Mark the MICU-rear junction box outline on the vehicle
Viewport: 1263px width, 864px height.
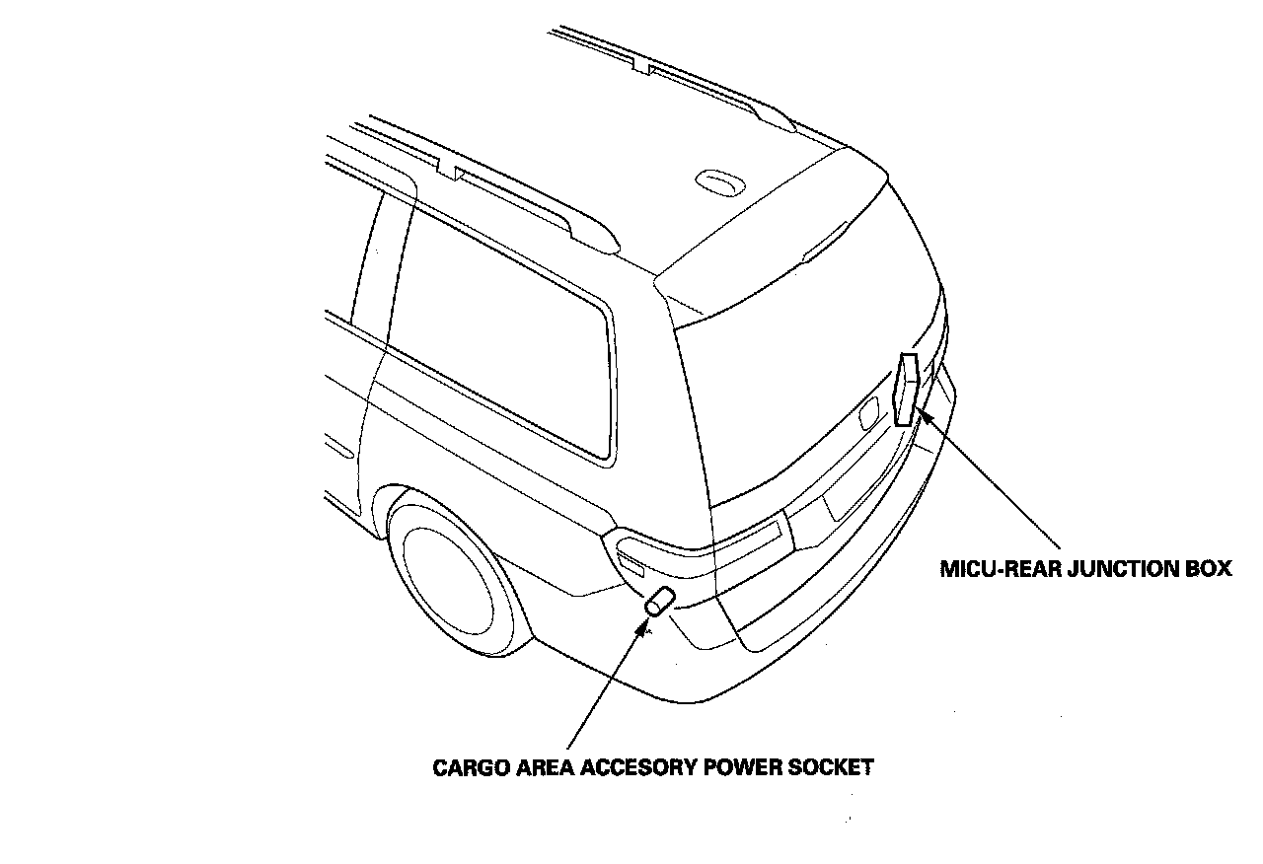pyautogui.click(x=907, y=389)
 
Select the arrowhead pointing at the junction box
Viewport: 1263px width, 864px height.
pyautogui.click(x=926, y=416)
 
